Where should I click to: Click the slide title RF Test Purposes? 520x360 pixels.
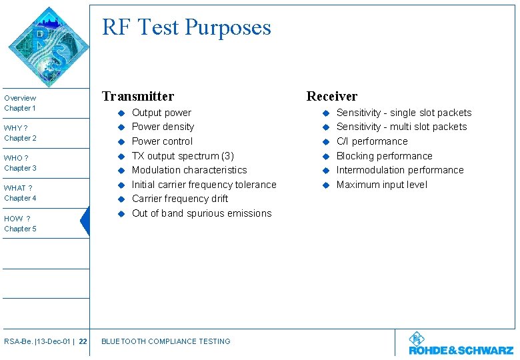186,27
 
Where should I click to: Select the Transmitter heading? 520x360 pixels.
137,96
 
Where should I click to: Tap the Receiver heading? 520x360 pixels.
331,96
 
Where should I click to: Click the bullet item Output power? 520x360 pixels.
161,113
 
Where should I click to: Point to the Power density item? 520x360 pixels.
163,127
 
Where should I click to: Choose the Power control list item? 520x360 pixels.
162,141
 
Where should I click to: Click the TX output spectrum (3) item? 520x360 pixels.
183,156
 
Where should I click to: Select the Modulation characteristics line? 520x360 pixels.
189,170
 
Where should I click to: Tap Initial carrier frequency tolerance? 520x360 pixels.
204,185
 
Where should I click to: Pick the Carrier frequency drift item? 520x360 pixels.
180,199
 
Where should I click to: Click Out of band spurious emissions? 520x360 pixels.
201,213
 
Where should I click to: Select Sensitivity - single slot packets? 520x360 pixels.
403,113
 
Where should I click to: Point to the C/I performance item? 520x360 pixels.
371,141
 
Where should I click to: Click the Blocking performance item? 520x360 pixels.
384,156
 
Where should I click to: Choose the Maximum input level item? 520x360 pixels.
381,185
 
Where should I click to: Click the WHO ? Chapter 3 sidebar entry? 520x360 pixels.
20,163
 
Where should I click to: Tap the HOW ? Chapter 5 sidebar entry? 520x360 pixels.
20,223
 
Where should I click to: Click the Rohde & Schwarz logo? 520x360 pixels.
461,344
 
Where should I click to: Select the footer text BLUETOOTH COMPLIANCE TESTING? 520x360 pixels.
165,341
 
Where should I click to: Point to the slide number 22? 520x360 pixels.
83,341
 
